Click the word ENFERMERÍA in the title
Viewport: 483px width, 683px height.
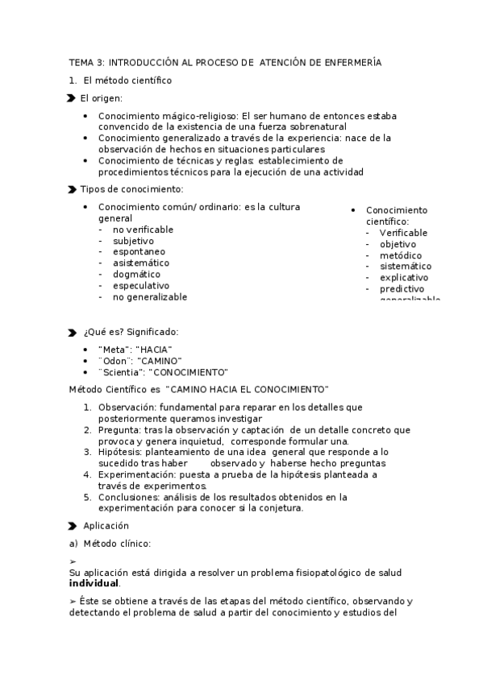click(x=352, y=62)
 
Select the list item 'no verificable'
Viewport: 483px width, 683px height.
click(x=143, y=230)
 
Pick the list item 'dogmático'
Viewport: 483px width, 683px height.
click(x=136, y=274)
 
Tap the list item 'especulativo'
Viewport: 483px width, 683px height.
click(x=141, y=285)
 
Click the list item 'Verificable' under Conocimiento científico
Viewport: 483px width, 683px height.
click(x=403, y=233)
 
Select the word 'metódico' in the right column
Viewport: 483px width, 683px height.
click(x=401, y=255)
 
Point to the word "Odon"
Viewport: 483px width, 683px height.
click(x=115, y=361)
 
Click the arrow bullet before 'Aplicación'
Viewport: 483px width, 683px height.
click(x=73, y=525)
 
